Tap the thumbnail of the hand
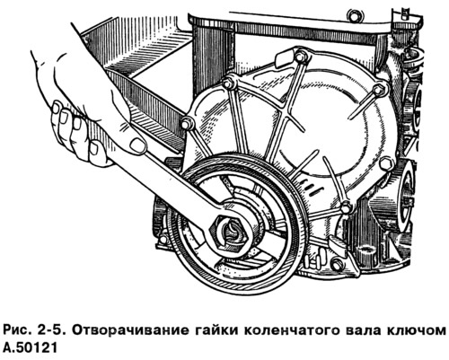(x=137, y=145)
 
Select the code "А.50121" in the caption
(x=30, y=348)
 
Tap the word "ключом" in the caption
(x=415, y=330)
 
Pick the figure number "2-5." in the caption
(x=52, y=330)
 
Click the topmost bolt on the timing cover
(x=301, y=56)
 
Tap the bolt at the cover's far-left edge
(x=186, y=122)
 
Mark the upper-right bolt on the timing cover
(x=378, y=89)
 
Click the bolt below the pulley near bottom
(x=336, y=264)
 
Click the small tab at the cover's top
(x=282, y=58)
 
